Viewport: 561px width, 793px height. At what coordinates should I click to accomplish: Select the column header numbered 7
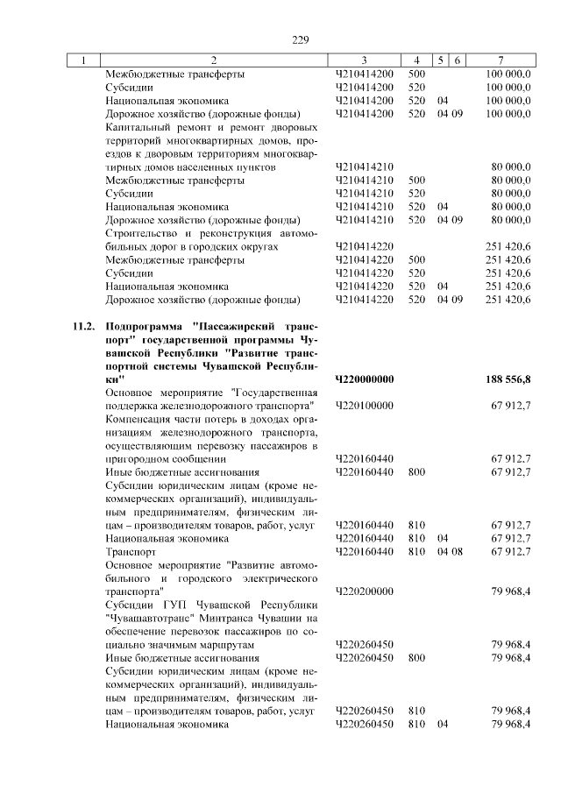[499, 60]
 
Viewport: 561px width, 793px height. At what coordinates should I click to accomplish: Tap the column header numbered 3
[364, 60]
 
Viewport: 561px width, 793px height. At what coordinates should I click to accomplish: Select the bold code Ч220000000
[364, 379]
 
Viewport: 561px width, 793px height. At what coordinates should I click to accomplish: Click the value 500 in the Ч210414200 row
[416, 74]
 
